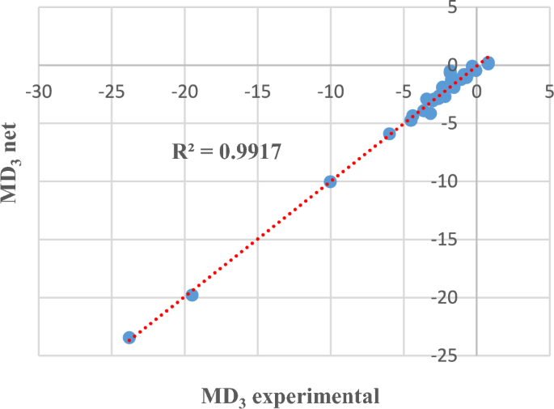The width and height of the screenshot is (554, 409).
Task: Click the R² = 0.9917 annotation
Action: [x=227, y=151]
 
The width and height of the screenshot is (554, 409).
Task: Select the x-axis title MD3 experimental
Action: [x=290, y=397]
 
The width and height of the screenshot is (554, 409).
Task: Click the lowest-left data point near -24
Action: [x=129, y=338]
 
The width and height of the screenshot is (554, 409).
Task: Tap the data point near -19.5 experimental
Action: [x=192, y=295]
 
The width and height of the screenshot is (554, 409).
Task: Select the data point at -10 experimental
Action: [x=330, y=181]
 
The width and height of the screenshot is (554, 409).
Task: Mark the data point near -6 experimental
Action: [x=389, y=134]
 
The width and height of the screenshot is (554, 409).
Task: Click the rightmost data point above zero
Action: [x=488, y=62]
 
